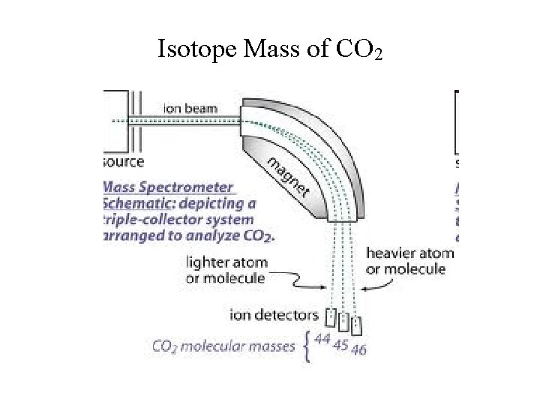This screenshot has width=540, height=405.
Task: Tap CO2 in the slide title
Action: (361, 50)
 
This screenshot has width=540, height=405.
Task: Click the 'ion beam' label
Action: (190, 108)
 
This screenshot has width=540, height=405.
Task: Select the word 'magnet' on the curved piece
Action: (289, 178)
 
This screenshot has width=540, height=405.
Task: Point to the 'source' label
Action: (123, 161)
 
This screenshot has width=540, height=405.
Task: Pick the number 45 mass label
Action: (340, 345)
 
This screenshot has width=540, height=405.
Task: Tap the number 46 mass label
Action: (358, 349)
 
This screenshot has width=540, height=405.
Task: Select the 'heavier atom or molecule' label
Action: (409, 262)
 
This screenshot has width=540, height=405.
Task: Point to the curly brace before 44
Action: (307, 347)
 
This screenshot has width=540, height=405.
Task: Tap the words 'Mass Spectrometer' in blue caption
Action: (168, 187)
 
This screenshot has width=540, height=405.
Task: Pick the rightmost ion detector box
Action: (357, 325)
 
